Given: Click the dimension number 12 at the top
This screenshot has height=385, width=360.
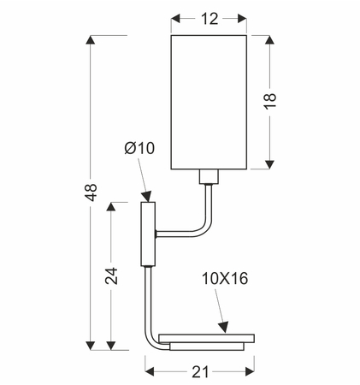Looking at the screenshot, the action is click(x=210, y=19).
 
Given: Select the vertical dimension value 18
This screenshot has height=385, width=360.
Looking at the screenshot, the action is click(x=269, y=101).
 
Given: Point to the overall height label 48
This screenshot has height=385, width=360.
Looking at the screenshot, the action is click(x=91, y=192).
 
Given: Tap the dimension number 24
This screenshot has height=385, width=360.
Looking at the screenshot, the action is click(x=111, y=275).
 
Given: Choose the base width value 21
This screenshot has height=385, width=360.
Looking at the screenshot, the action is click(x=200, y=372).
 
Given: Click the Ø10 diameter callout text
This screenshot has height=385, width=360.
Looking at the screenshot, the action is click(x=139, y=148).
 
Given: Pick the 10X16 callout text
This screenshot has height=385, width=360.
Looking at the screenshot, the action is click(x=225, y=278).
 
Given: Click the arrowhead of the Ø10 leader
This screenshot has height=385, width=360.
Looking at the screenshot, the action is click(x=147, y=196).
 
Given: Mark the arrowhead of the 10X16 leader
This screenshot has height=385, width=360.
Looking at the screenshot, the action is click(x=224, y=327).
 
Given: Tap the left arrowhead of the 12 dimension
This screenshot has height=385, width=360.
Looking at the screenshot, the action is click(x=175, y=19).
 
